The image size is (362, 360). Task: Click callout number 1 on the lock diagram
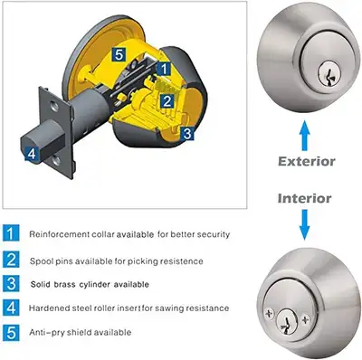point(162,68)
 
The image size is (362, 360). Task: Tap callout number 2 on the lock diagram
point(167,102)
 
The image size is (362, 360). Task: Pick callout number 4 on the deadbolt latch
point(32,154)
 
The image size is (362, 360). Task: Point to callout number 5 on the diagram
point(119,54)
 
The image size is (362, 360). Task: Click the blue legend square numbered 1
point(10,233)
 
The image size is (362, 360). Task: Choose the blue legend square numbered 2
point(10,260)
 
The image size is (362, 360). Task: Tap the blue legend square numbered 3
point(10,284)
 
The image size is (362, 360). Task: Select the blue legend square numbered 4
point(10,308)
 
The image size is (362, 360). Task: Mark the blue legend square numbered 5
point(10,332)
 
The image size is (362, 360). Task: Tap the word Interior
point(306,197)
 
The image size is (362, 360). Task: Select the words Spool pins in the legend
point(51,260)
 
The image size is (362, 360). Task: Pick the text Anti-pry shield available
point(80,332)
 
